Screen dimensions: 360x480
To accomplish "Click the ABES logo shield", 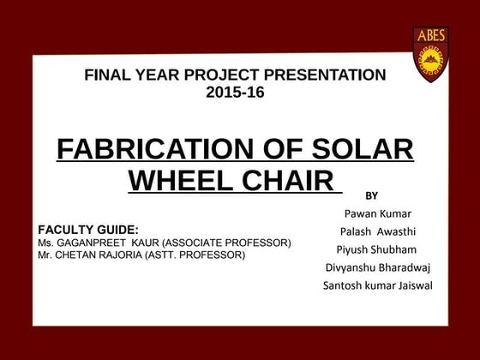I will pyautogui.click(x=431, y=54).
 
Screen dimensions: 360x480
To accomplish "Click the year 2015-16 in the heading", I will pyautogui.click(x=235, y=93).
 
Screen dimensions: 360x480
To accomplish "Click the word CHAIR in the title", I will pyautogui.click(x=286, y=181).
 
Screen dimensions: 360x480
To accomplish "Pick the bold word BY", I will pyautogui.click(x=372, y=195).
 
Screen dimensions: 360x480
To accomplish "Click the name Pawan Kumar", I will pyautogui.click(x=377, y=213).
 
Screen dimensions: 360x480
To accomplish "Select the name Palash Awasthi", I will pyautogui.click(x=377, y=231).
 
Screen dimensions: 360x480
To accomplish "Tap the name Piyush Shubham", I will pyautogui.click(x=377, y=249).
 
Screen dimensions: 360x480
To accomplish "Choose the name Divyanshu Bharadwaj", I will pyautogui.click(x=377, y=267).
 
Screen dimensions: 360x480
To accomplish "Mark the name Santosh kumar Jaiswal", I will pyautogui.click(x=377, y=285).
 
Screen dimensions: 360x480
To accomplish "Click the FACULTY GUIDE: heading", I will pyautogui.click(x=88, y=230).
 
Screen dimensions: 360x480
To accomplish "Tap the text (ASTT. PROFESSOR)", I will pyautogui.click(x=196, y=255).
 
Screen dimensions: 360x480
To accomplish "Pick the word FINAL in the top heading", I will pyautogui.click(x=106, y=75).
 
